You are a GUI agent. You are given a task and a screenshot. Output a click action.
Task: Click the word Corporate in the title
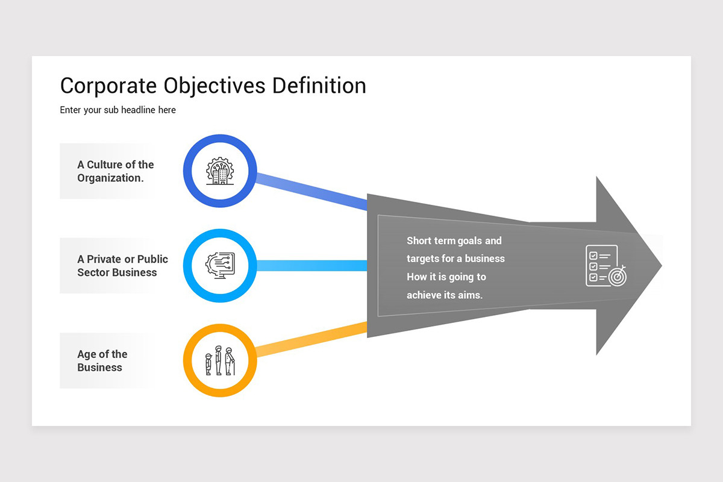108,86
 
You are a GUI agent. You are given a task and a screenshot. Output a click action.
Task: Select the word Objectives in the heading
214,86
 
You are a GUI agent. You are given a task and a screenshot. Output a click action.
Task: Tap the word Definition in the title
319,86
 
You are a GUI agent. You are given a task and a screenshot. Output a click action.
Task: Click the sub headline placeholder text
117,110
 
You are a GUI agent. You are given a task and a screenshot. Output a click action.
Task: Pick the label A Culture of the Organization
115,171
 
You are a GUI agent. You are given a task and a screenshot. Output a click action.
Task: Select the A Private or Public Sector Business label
122,266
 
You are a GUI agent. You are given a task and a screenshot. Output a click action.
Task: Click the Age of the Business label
102,361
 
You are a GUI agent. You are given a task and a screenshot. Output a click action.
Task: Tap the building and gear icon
220,171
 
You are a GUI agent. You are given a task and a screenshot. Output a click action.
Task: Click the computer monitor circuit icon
220,265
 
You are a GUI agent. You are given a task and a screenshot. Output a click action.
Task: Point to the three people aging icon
220,360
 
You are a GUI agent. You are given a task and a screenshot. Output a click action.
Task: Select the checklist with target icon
605,265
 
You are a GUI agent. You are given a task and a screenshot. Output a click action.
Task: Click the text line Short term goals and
454,241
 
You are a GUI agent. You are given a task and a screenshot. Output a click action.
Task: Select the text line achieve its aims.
445,295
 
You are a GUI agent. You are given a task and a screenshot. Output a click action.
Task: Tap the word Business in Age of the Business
99,368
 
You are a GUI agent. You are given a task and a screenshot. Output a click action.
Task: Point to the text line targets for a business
455,259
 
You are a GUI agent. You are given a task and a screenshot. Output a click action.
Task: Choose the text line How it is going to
446,277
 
